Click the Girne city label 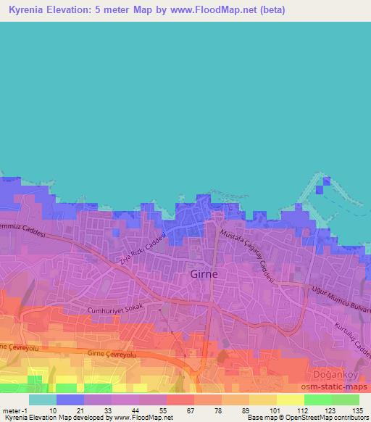204,275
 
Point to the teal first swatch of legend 43,400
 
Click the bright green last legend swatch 346,400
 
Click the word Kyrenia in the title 24,10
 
